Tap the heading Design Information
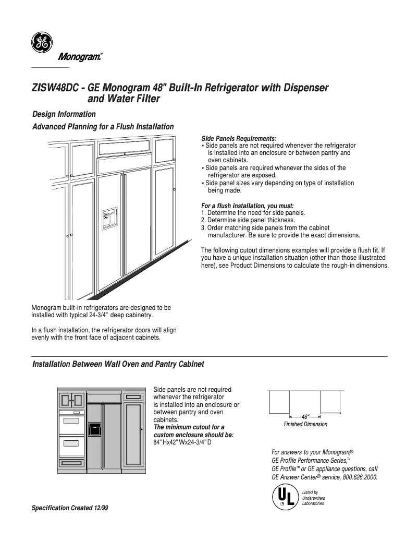click(64, 114)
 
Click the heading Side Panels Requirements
click(239, 138)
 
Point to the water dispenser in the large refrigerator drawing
click(110, 218)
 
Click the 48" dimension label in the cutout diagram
click(305, 416)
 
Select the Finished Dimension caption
click(305, 424)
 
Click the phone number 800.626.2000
click(360, 477)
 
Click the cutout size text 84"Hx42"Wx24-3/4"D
click(182, 442)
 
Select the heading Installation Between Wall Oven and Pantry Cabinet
click(118, 364)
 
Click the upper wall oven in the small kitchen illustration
click(71, 421)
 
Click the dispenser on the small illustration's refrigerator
click(94, 429)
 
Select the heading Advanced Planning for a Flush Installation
click(103, 127)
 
